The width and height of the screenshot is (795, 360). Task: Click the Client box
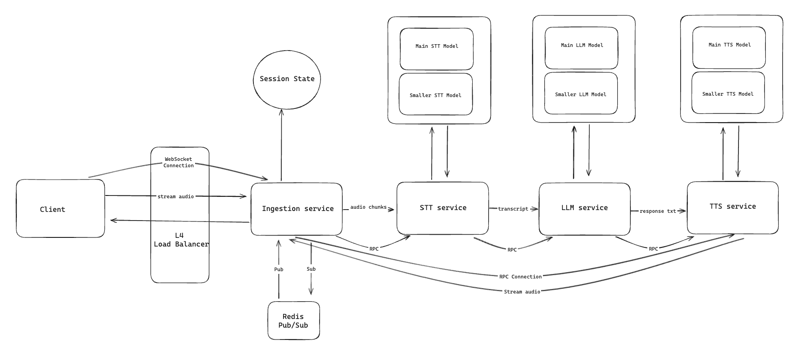click(60, 209)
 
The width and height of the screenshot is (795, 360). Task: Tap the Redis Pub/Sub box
click(294, 321)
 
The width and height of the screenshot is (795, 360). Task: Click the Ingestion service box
click(297, 209)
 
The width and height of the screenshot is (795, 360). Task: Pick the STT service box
click(443, 208)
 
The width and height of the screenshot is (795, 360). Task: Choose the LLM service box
click(584, 208)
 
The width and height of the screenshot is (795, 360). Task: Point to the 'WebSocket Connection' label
click(178, 162)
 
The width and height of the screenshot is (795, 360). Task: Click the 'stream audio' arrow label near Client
click(176, 196)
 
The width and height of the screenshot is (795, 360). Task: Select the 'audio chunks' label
click(368, 207)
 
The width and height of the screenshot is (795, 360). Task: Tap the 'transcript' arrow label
click(513, 209)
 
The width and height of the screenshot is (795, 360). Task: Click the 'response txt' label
click(657, 211)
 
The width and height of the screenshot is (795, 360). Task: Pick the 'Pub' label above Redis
click(279, 269)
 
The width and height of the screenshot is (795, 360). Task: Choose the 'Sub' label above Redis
click(311, 269)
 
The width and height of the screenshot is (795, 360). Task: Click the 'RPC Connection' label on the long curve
click(520, 277)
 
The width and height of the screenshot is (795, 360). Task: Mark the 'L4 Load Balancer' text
click(181, 240)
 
